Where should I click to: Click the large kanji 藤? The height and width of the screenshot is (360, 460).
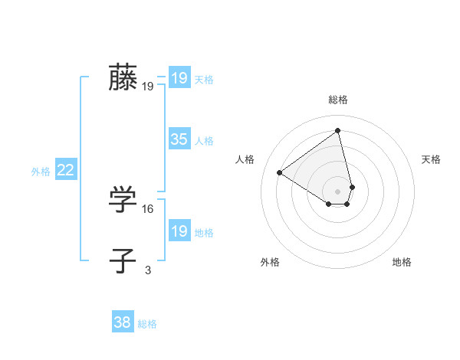(123, 77)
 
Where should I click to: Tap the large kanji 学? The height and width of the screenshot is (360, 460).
(123, 200)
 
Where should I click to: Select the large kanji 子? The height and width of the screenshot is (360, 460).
(123, 260)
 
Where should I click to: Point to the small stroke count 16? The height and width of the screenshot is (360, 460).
(148, 208)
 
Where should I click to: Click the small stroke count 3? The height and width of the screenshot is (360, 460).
(148, 270)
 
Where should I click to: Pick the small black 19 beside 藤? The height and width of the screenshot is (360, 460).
(148, 87)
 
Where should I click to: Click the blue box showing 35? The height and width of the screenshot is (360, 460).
(179, 139)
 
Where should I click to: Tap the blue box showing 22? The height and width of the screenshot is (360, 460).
(66, 171)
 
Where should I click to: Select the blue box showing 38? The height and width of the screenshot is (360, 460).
(123, 322)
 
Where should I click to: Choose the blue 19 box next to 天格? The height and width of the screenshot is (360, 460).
(179, 78)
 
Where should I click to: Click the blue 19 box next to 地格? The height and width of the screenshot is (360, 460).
(179, 231)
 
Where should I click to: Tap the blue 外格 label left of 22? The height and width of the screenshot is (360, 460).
(41, 172)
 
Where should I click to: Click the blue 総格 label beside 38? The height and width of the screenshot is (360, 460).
(147, 324)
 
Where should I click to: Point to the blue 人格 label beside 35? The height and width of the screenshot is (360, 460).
(204, 140)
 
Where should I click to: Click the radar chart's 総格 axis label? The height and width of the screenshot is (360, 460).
(338, 100)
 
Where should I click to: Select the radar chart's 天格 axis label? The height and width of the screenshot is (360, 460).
(431, 159)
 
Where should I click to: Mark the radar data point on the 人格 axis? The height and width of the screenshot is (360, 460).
(280, 173)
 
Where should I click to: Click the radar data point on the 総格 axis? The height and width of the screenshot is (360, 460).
(338, 130)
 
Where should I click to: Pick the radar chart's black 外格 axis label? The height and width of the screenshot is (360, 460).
(270, 262)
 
